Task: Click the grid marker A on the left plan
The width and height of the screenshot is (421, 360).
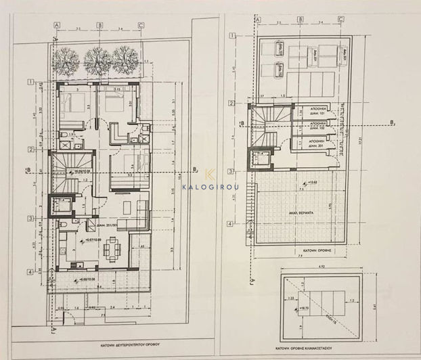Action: [58, 25]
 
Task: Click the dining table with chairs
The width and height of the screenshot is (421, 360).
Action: [112, 250]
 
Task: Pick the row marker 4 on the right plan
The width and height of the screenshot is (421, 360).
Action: [230, 224]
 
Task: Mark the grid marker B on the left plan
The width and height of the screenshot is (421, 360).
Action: [99, 25]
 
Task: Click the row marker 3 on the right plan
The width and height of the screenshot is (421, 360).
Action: [230, 171]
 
